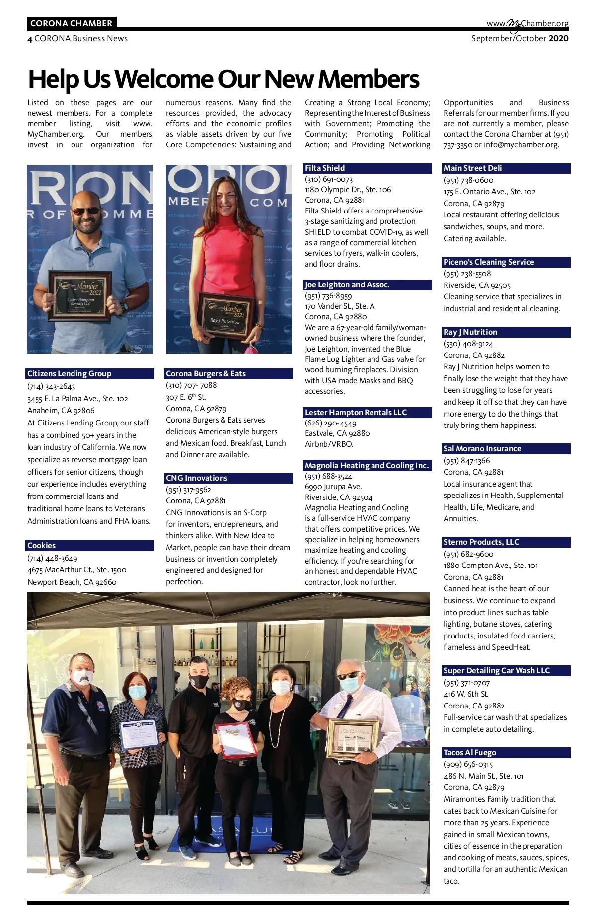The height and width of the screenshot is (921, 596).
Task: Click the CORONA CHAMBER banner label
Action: pyautogui.click(x=71, y=23)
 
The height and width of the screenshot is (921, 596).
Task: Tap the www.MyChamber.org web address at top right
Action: pyautogui.click(x=527, y=24)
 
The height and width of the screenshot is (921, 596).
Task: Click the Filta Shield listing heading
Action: pyautogui.click(x=325, y=168)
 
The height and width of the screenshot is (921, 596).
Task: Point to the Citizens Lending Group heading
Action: pyautogui.click(x=69, y=374)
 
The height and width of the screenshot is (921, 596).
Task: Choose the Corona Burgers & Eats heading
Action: pyautogui.click(x=206, y=374)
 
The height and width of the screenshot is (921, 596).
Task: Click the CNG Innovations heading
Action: pyautogui.click(x=197, y=478)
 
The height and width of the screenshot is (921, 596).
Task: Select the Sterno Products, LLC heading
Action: pyautogui.click(x=481, y=542)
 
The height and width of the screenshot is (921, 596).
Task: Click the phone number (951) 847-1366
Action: pyautogui.click(x=466, y=461)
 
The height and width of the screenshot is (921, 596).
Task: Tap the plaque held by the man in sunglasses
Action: pyautogui.click(x=79, y=295)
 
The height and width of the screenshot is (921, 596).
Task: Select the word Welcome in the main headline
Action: pyautogui.click(x=165, y=79)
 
